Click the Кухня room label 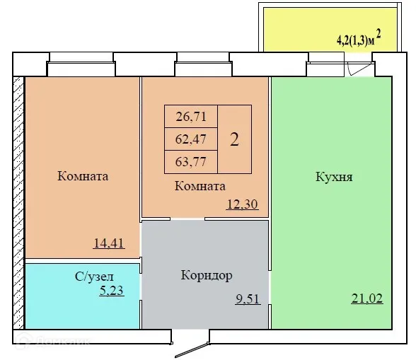[x=334, y=176]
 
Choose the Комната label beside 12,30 [x=200, y=187]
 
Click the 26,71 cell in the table [x=191, y=115]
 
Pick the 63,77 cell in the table [x=191, y=161]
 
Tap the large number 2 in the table [x=234, y=139]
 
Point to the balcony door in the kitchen [x=360, y=69]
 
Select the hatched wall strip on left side [x=18, y=202]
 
